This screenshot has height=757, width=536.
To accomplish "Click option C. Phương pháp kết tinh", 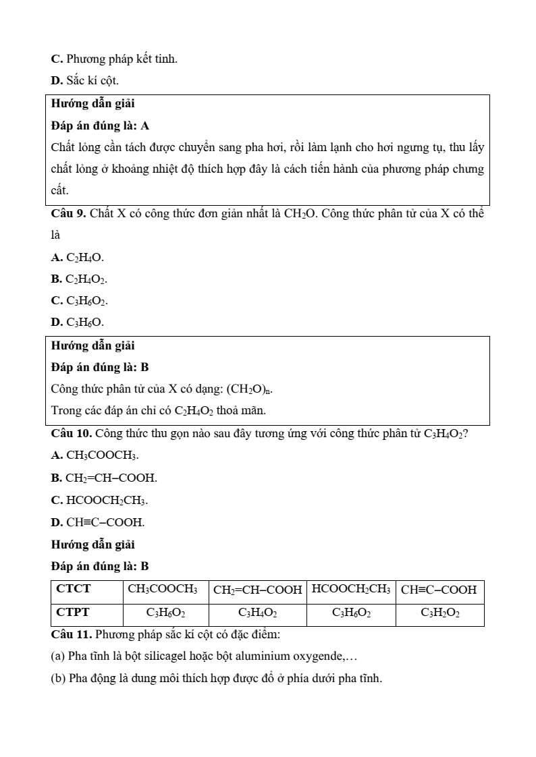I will tap(114, 59).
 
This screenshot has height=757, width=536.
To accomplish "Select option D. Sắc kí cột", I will tap(84, 81).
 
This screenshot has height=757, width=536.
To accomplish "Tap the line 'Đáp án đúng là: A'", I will tap(100, 125).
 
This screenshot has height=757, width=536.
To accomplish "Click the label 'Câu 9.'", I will tap(68, 214).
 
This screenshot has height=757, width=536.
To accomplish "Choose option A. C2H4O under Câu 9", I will tap(78, 258).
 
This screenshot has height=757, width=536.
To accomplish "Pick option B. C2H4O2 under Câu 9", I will tap(79, 279).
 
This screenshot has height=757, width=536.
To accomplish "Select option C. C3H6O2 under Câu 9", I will tap(79, 301).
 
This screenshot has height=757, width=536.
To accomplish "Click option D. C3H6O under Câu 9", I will tap(78, 323).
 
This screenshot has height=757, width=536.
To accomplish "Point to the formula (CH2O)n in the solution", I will tap(249, 389).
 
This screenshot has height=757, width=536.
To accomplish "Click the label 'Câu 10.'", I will tap(70, 433).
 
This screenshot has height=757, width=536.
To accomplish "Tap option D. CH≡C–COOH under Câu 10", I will tap(97, 522).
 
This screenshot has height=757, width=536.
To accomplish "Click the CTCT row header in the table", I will tap(74, 589).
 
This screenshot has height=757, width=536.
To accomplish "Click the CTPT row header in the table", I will tap(74, 613).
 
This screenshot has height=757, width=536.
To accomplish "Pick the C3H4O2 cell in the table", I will tap(257, 613).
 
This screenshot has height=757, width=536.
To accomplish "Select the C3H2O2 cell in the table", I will tap(439, 613).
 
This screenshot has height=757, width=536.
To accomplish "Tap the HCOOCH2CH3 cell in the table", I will tap(350, 589).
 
